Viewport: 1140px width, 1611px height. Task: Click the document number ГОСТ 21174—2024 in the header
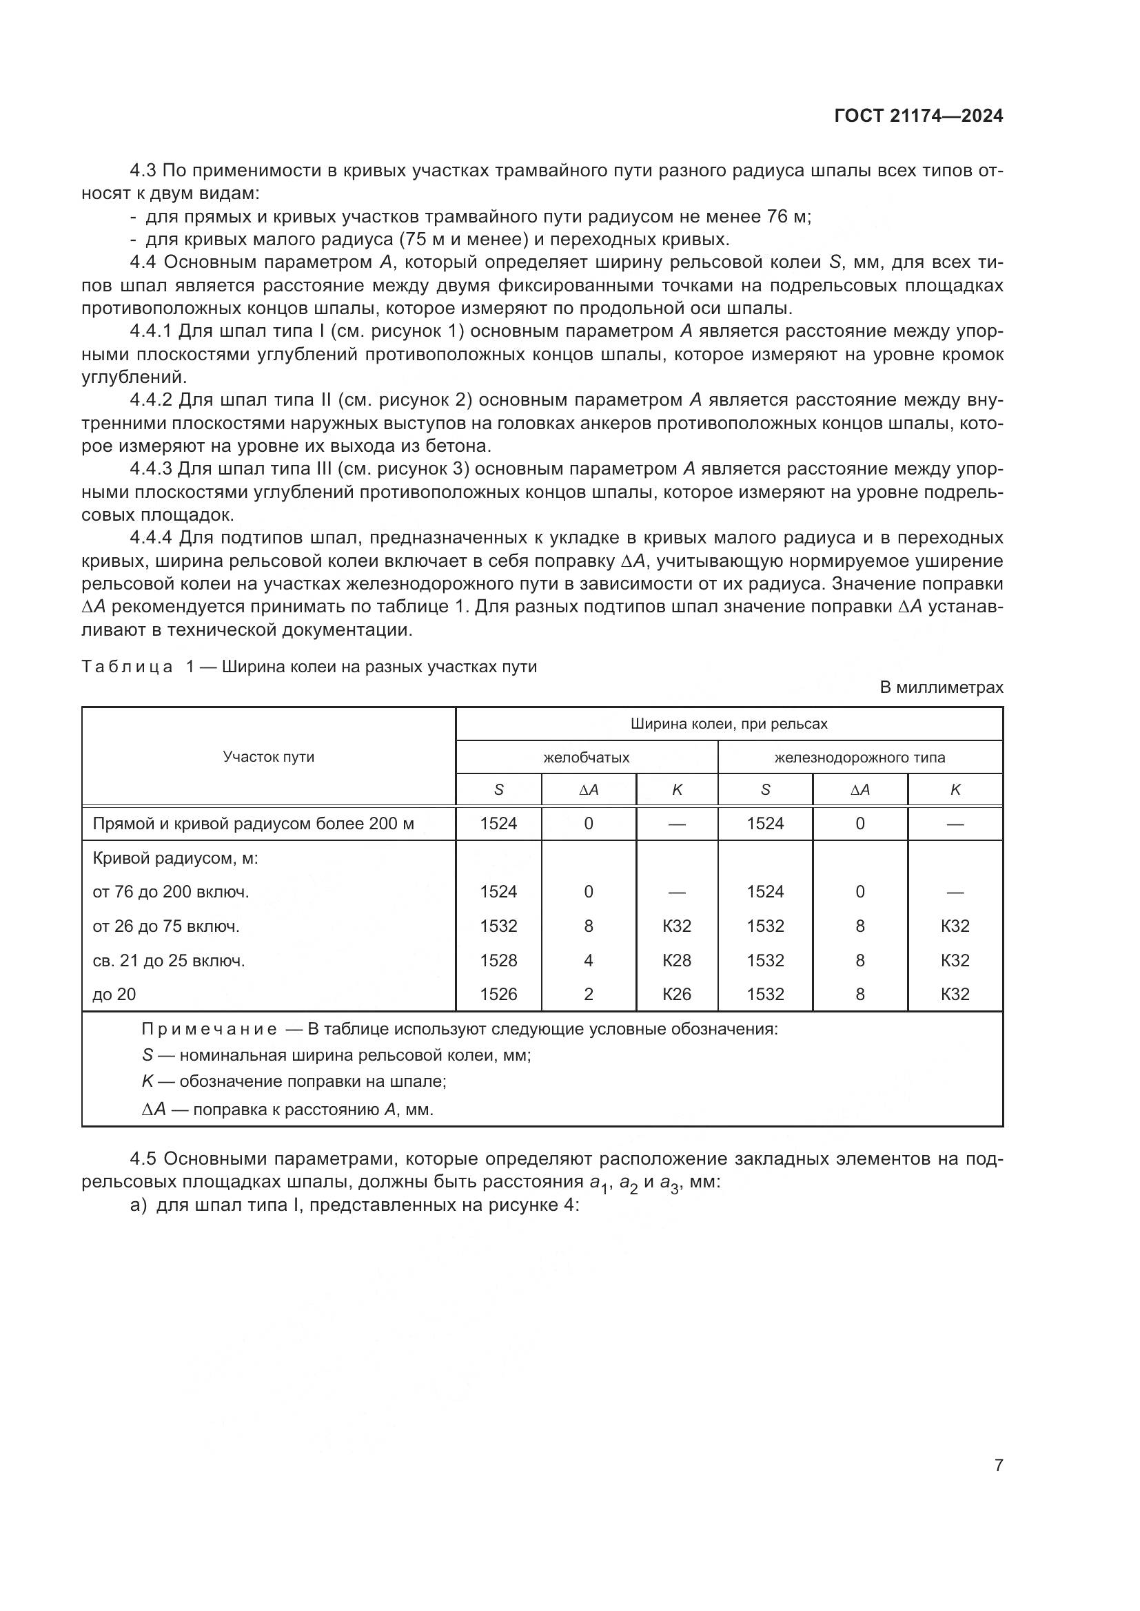pos(918,116)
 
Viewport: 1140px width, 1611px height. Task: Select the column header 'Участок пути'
pos(268,756)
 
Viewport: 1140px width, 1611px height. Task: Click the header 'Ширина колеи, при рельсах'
pos(729,723)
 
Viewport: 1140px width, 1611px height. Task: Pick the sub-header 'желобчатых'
pos(586,757)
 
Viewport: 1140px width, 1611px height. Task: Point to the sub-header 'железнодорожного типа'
pos(859,757)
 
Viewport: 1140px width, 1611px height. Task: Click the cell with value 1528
pos(498,960)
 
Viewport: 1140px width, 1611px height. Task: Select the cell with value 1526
pos(498,994)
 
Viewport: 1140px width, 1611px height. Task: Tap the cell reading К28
pos(677,960)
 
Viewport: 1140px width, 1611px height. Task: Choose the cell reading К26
pos(677,994)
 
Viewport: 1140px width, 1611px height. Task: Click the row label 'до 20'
pos(114,994)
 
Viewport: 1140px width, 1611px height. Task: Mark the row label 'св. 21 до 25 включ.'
pos(168,960)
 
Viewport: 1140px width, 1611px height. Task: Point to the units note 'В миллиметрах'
pos(941,687)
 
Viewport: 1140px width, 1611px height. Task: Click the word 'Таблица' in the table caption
pos(127,667)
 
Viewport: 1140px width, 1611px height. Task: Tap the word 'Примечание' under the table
pos(208,1029)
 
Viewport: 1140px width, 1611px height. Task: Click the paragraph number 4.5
pos(144,1158)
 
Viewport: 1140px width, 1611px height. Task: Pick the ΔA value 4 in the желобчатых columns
pos(588,960)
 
